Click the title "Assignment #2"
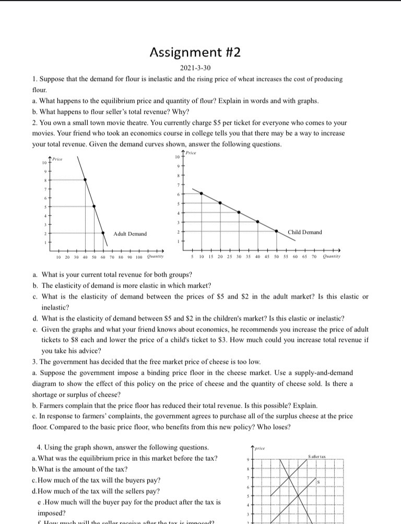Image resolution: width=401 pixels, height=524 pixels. tap(195, 52)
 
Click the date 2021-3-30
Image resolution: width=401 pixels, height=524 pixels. tap(195, 68)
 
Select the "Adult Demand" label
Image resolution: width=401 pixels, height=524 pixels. tap(130, 234)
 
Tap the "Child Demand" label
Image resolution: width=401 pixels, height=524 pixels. tap(305, 232)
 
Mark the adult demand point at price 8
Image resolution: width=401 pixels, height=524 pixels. tap(86, 180)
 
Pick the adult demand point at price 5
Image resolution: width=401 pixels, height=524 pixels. tap(94, 206)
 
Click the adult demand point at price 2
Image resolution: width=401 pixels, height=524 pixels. tap(102, 233)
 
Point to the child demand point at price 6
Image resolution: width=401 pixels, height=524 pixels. tap(201, 193)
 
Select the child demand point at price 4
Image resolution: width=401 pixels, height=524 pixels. tap(239, 212)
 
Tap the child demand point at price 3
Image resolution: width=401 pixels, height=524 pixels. tap(257, 222)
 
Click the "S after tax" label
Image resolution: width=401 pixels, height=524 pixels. tap(317, 457)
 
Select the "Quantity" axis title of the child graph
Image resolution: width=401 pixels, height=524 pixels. tap(332, 256)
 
